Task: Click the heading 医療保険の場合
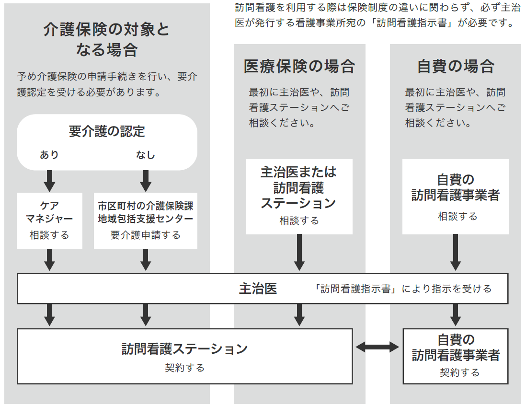[299, 66]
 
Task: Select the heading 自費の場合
[456, 66]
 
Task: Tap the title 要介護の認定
[107, 131]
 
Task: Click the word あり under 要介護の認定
[49, 155]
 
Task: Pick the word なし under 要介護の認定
[146, 155]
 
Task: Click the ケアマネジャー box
[49, 220]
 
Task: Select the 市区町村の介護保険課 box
[146, 220]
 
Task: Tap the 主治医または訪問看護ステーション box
[299, 197]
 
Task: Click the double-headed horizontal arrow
[377, 347]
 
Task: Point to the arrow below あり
[49, 180]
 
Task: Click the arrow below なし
[146, 180]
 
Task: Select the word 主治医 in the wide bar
[258, 289]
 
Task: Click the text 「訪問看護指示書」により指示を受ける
[403, 289]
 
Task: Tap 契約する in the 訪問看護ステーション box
[184, 368]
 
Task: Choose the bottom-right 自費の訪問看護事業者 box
[456, 356]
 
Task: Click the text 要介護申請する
[146, 235]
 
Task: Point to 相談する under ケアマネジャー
[49, 235]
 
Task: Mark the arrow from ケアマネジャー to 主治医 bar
[49, 260]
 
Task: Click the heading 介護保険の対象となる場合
[107, 39]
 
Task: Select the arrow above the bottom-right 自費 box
[456, 315]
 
